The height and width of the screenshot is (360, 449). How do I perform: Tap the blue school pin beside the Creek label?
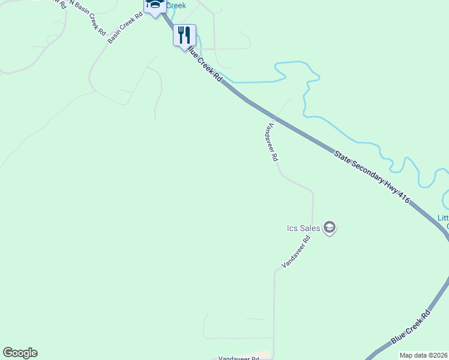(154, 5)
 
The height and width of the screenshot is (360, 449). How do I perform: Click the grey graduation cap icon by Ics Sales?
(329, 227)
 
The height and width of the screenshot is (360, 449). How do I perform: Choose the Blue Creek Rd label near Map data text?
(411, 328)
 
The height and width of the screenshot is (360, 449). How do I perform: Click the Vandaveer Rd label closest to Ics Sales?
(296, 252)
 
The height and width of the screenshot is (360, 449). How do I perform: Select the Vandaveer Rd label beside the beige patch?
(238, 358)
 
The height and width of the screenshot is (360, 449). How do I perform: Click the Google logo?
(20, 353)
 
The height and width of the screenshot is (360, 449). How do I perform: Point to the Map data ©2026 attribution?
(423, 355)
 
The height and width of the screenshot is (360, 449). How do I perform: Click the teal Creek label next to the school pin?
(175, 5)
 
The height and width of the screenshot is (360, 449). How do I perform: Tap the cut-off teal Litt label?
(443, 218)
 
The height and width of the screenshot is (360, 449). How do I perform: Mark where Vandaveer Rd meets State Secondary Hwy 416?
(276, 118)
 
